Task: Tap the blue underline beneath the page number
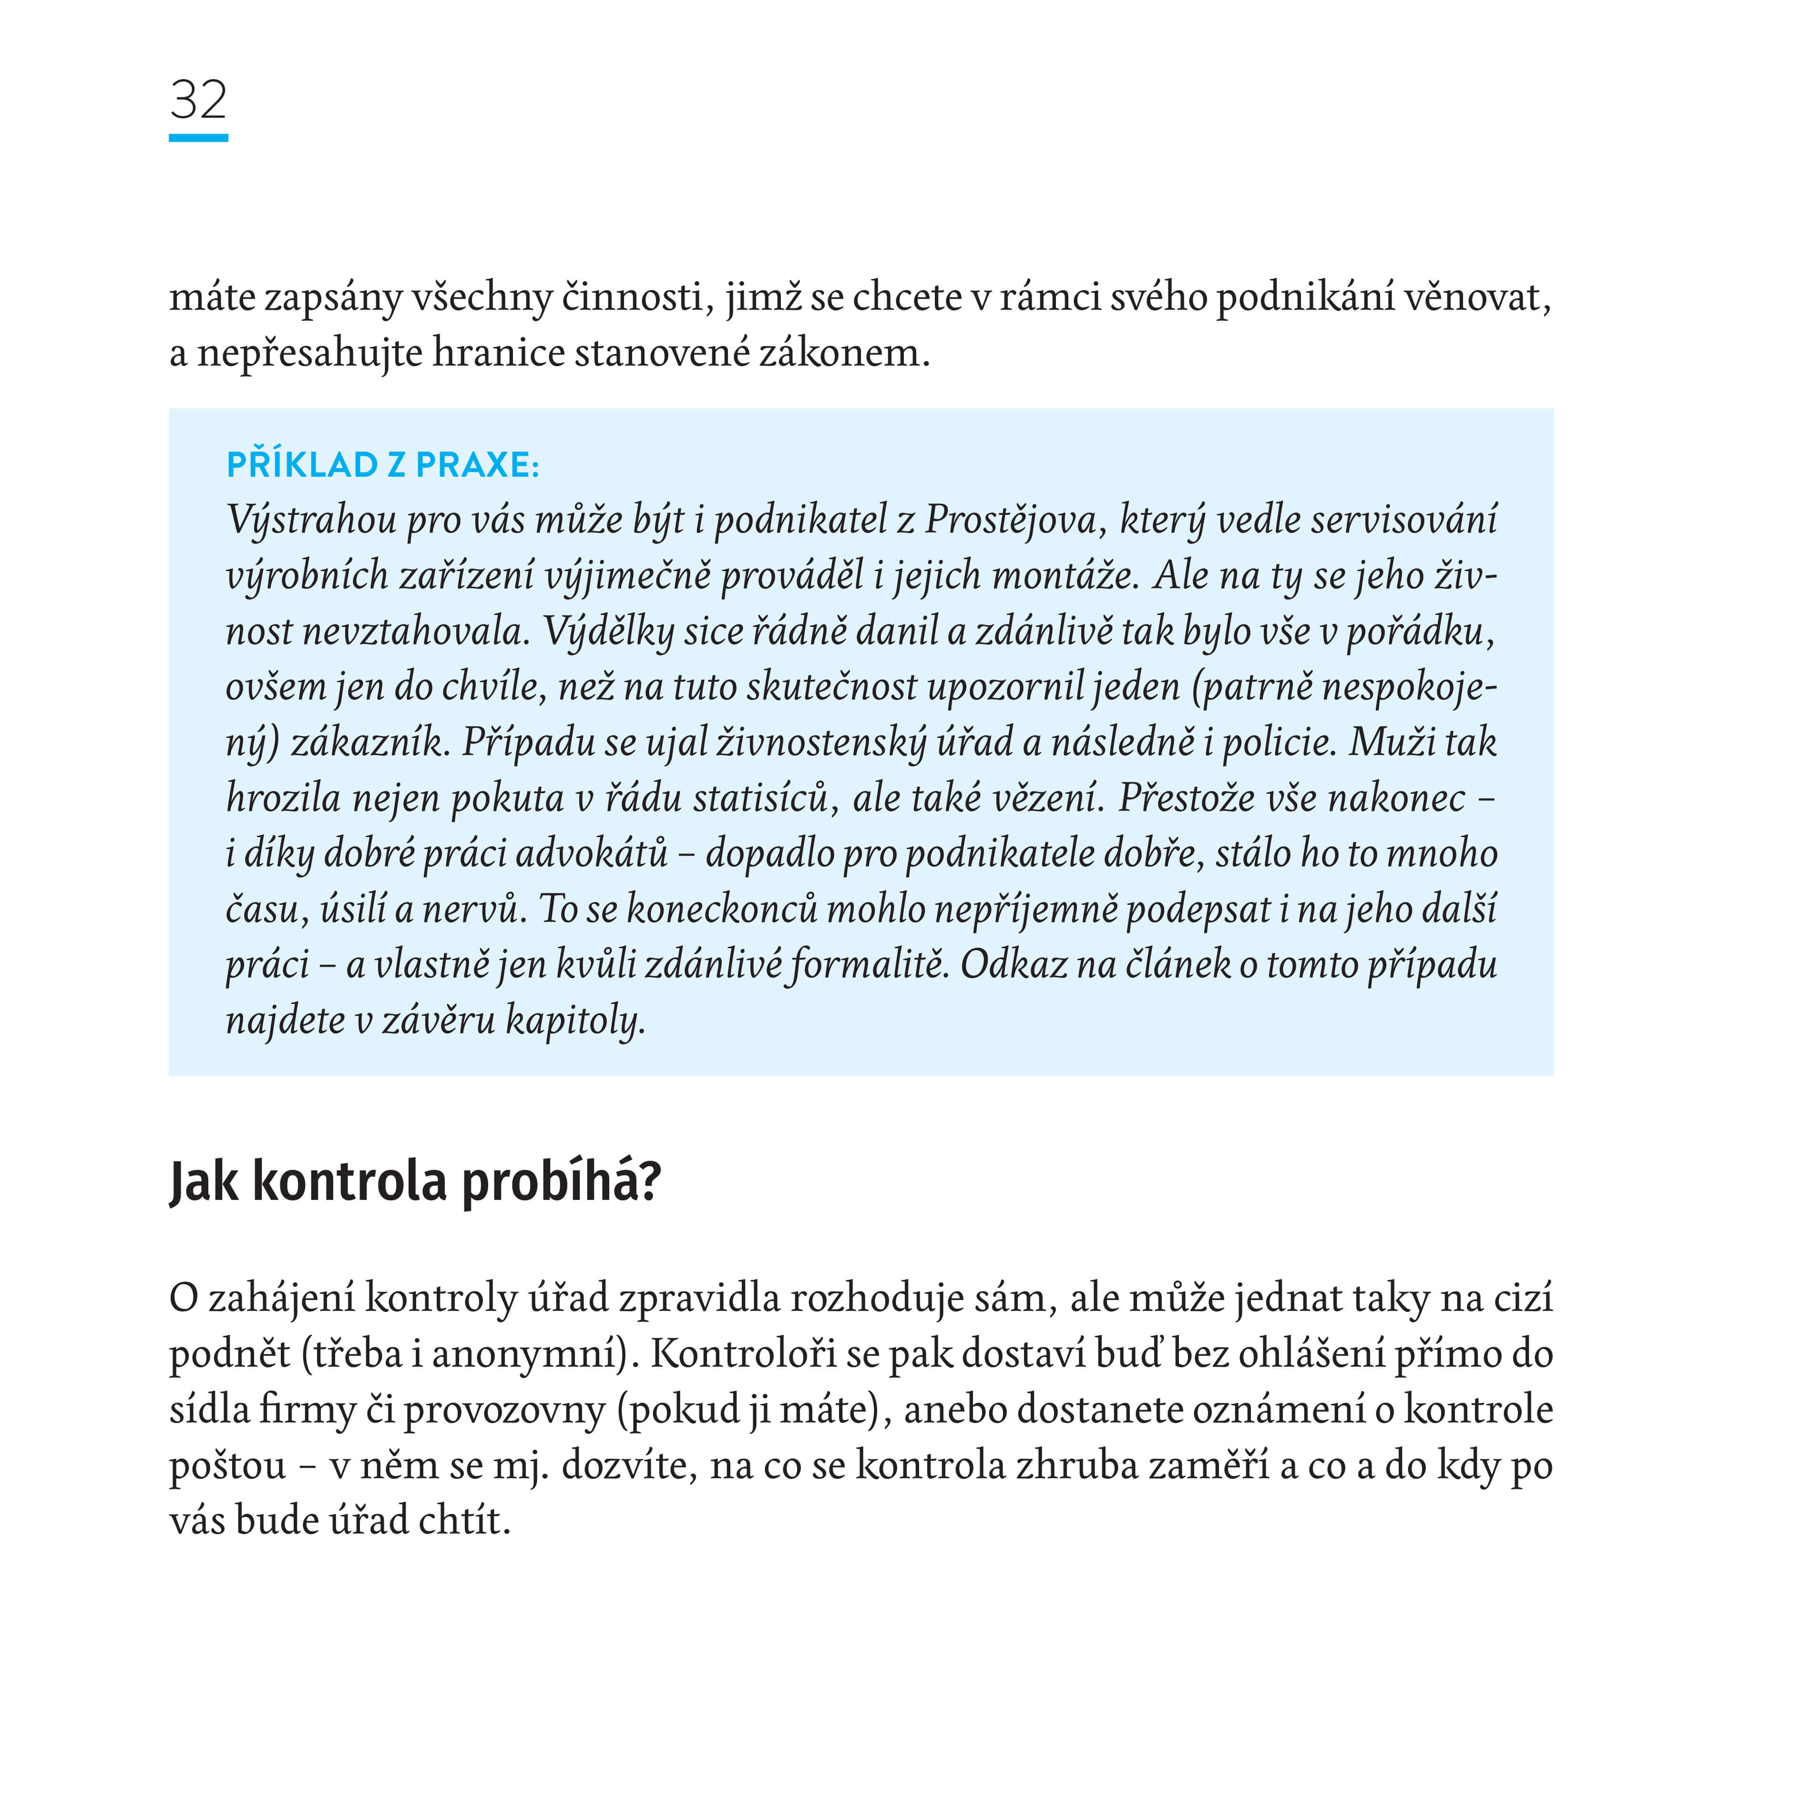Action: coord(198,138)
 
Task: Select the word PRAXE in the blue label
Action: coord(476,464)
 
